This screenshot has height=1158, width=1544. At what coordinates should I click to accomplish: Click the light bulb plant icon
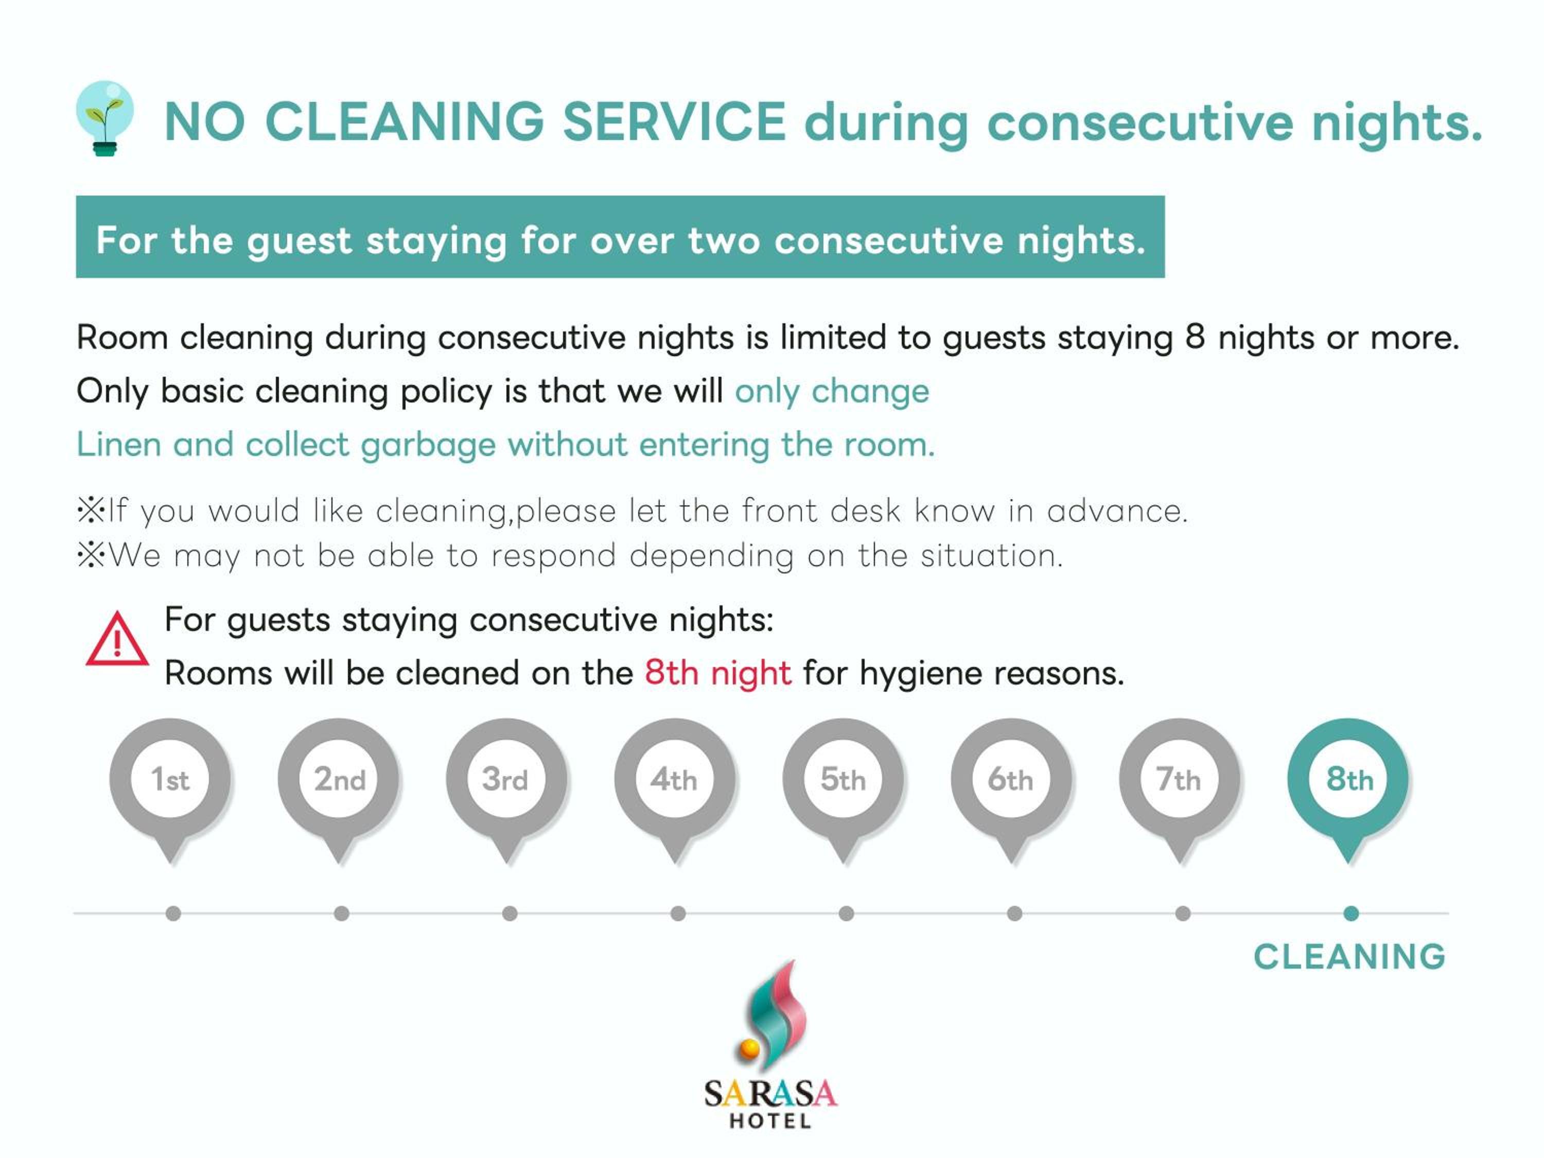[x=104, y=118]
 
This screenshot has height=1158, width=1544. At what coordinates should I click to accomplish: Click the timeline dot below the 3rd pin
[x=510, y=913]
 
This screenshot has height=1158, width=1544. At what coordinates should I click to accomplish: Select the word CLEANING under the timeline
[x=1349, y=957]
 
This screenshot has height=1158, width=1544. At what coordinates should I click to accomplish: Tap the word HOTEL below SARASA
[x=770, y=1121]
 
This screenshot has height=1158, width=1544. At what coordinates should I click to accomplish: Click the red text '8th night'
[x=717, y=673]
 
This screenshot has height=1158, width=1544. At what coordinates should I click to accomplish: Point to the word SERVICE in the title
[x=674, y=121]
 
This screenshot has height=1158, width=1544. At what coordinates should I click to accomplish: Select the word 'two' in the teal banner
[x=723, y=241]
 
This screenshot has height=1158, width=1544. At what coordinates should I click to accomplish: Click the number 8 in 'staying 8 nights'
[x=1195, y=337]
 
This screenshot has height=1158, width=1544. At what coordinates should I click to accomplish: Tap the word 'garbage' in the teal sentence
[x=428, y=445]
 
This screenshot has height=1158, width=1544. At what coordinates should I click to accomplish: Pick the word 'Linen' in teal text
[x=119, y=445]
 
